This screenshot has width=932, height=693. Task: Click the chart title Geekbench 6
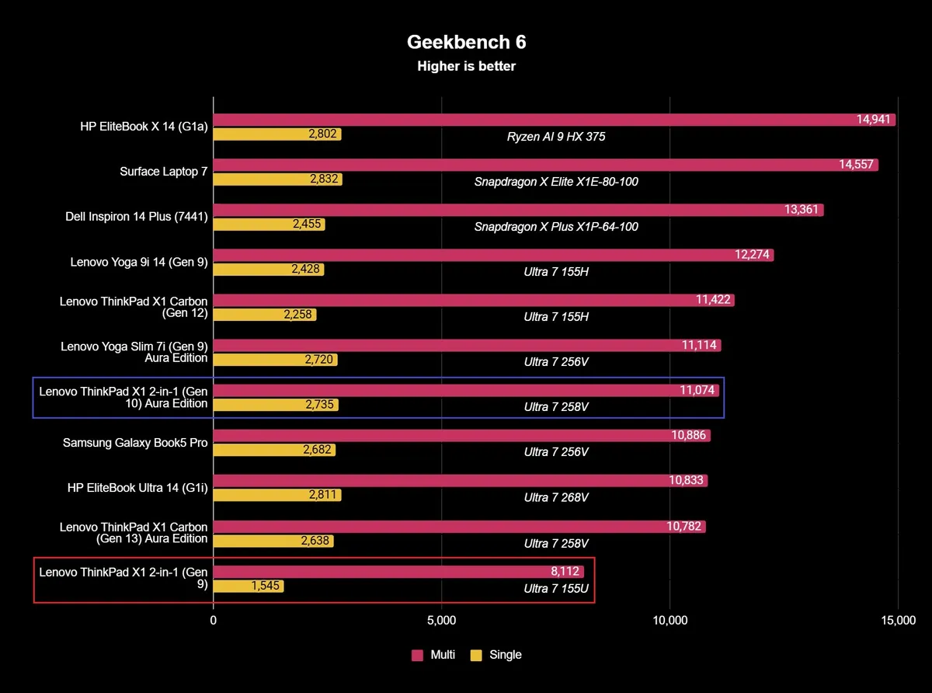pyautogui.click(x=466, y=42)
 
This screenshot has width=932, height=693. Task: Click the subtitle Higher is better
pyautogui.click(x=466, y=66)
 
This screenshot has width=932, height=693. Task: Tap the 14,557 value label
pyautogui.click(x=857, y=165)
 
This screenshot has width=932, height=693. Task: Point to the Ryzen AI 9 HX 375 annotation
pyautogui.click(x=556, y=137)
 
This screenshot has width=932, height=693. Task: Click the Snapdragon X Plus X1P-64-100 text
pyautogui.click(x=556, y=227)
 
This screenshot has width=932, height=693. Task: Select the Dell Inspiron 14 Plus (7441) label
pyautogui.click(x=137, y=217)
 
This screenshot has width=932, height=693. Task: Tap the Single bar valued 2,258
pyautogui.click(x=265, y=315)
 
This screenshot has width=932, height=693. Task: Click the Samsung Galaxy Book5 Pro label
pyautogui.click(x=135, y=442)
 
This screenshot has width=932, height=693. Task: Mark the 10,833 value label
pyautogui.click(x=686, y=480)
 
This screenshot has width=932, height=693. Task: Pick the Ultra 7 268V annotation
pyautogui.click(x=556, y=497)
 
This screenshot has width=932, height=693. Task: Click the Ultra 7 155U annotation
pyautogui.click(x=556, y=588)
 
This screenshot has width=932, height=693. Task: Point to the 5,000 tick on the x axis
pyautogui.click(x=441, y=620)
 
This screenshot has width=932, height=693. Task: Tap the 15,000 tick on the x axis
pyautogui.click(x=898, y=620)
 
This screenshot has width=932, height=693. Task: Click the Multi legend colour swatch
pyautogui.click(x=417, y=655)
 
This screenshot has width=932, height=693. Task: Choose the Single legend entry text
pyautogui.click(x=506, y=655)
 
